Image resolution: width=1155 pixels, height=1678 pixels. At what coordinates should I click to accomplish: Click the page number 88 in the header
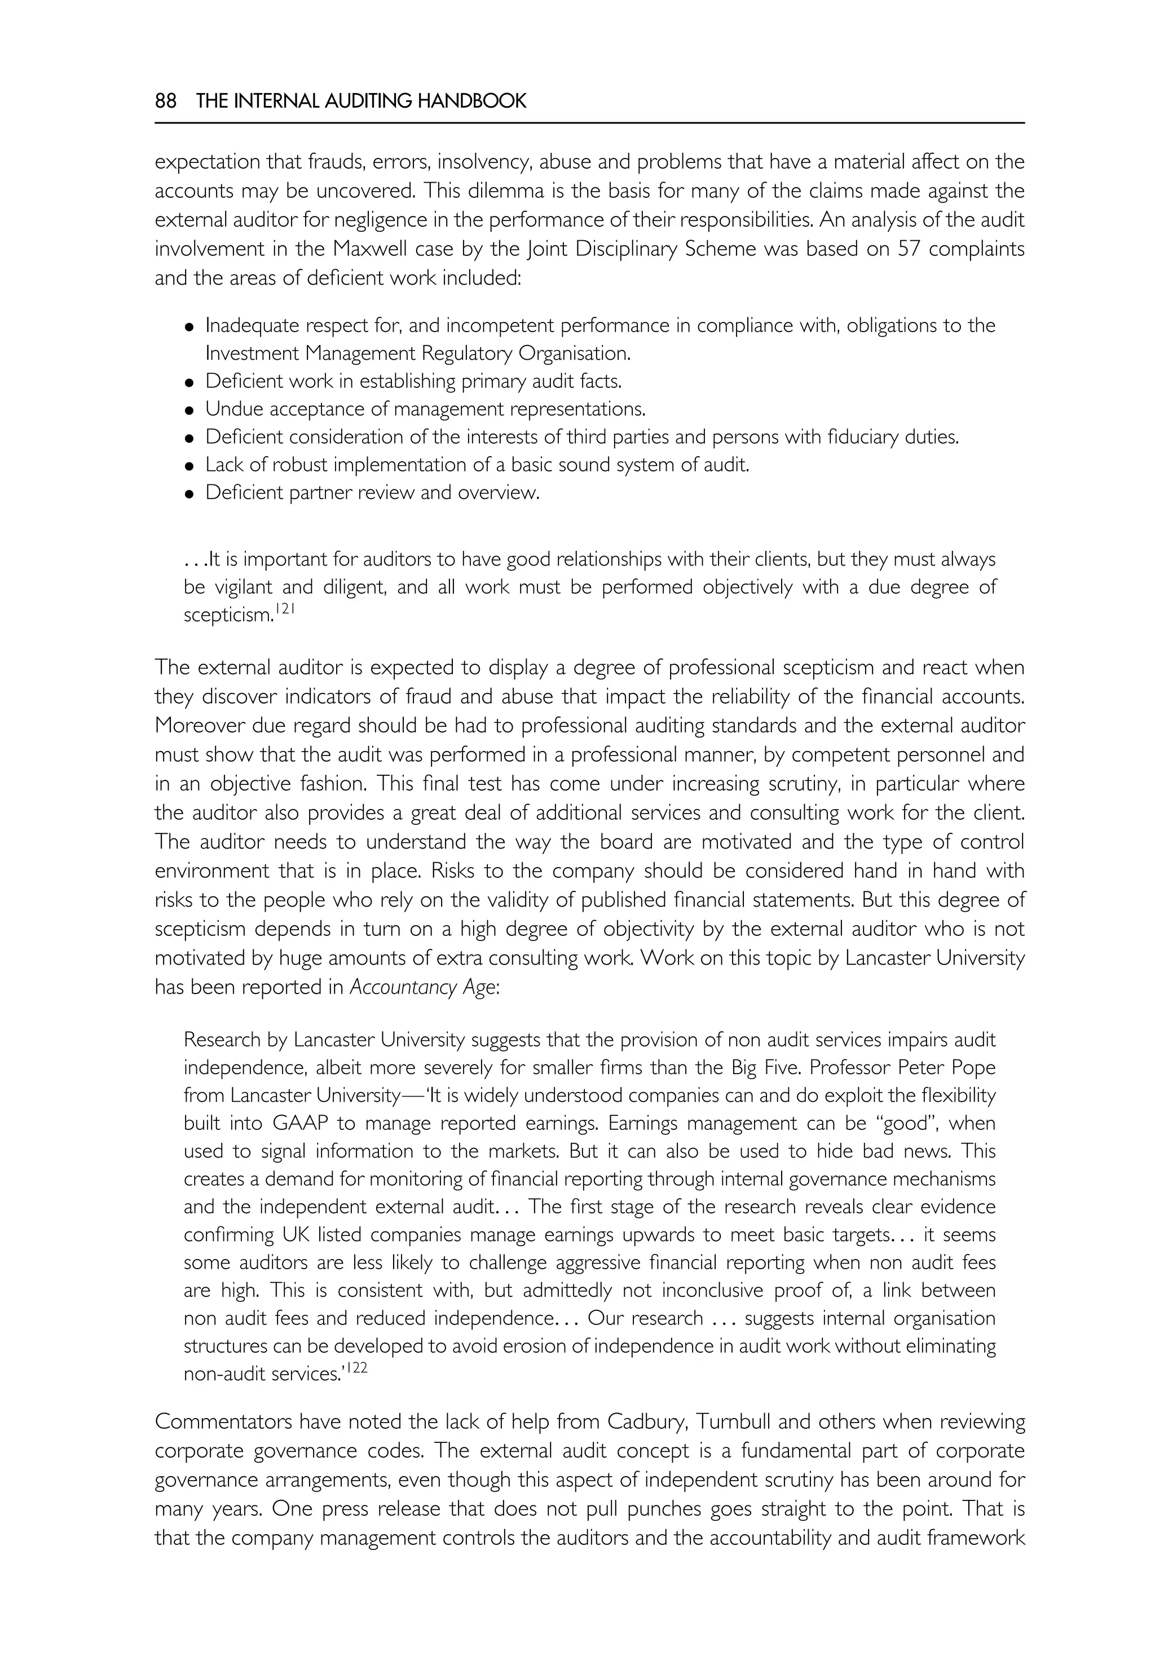coord(166,101)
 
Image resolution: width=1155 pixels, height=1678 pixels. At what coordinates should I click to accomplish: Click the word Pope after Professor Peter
coord(976,1068)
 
